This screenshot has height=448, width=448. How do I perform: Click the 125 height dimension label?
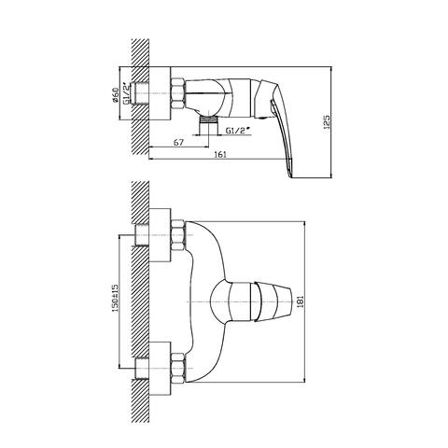[x=327, y=121]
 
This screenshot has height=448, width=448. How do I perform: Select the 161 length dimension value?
[x=220, y=154]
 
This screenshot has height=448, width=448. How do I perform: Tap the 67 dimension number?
[x=178, y=142]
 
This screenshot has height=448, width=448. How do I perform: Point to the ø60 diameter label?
[x=115, y=95]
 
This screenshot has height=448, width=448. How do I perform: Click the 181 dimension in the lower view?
[x=301, y=301]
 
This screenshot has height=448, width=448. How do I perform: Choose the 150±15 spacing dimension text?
[x=116, y=298]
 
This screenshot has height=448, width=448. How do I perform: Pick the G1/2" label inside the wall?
[x=127, y=92]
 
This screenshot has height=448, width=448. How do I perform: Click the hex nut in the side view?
[x=178, y=93]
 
